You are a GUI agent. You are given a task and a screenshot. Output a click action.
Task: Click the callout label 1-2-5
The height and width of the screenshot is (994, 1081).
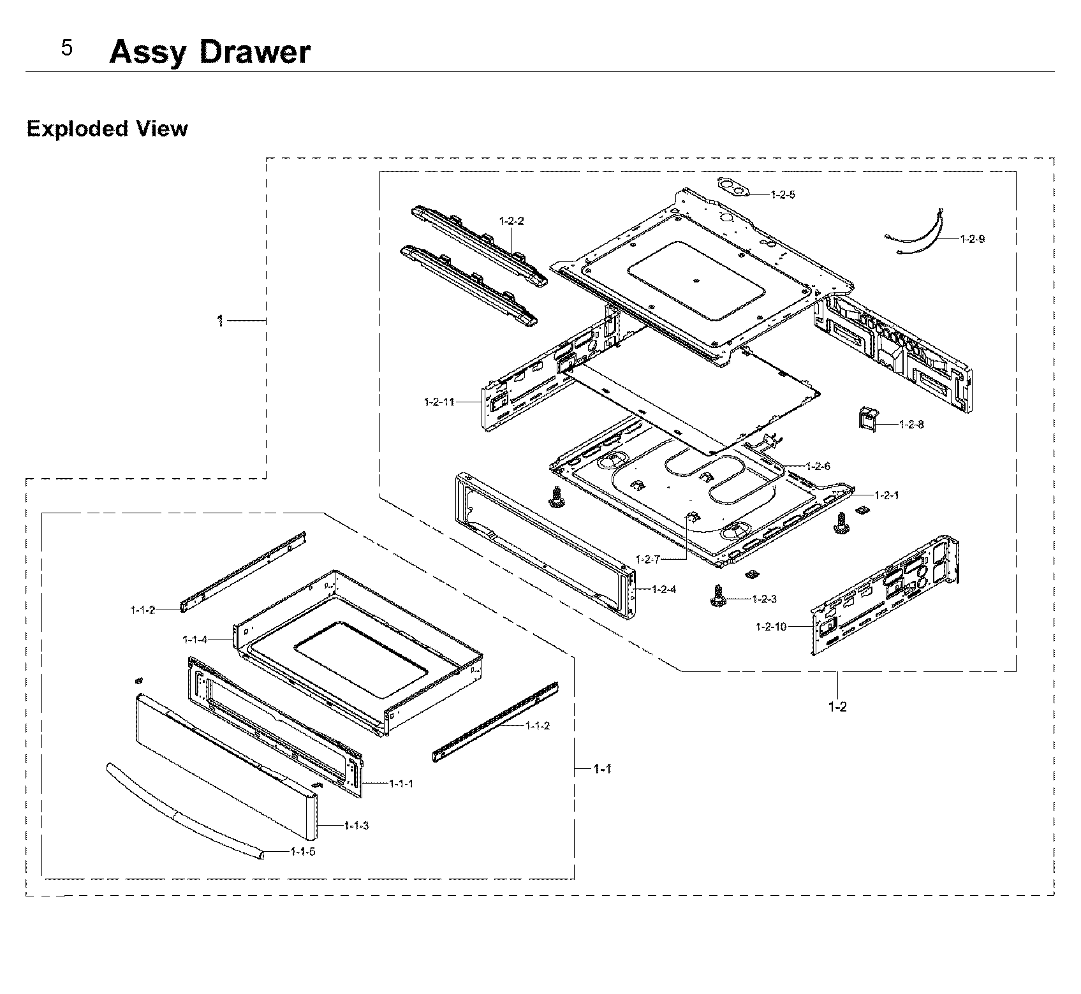coord(783,194)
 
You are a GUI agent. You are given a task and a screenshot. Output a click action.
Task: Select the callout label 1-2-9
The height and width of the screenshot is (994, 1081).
coord(972,239)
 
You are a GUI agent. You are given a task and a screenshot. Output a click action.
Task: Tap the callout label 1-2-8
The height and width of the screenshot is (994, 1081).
coord(911,424)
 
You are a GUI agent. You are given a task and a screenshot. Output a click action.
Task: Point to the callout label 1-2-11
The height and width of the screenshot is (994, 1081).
coord(439,402)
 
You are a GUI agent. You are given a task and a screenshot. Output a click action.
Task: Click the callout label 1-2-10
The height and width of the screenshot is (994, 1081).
coord(770,627)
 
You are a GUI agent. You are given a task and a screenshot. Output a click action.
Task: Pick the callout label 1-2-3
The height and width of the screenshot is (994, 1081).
coord(764,599)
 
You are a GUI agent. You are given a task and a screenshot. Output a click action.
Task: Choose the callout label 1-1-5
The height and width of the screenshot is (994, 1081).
coord(302,851)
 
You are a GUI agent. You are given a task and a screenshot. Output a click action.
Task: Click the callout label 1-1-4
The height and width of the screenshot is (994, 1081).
coord(195,639)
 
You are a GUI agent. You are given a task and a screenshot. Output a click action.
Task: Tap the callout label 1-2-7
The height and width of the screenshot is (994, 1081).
coord(647,559)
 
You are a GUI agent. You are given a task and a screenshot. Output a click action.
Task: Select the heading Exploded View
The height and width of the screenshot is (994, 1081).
coord(107,129)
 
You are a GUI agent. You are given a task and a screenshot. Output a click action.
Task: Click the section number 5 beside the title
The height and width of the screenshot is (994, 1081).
coord(66,48)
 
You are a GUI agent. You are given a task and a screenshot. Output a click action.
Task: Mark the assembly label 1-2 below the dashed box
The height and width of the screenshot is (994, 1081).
coord(837,706)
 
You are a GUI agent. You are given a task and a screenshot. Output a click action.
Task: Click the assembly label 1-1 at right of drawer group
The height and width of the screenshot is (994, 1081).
coord(602,769)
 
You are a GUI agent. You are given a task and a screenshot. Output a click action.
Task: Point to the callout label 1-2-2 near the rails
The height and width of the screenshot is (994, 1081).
coord(511,221)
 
